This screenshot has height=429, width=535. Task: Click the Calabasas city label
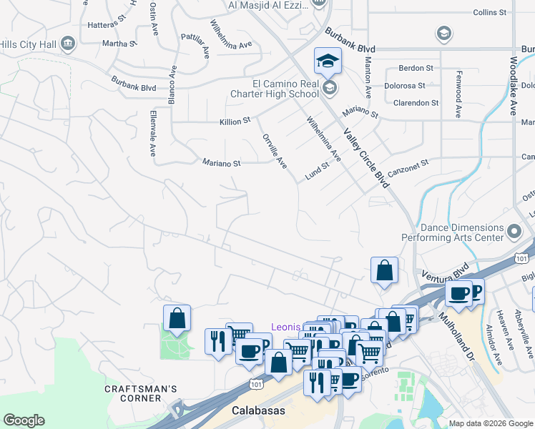point(258,410)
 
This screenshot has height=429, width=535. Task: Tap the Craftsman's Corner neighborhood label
point(140,393)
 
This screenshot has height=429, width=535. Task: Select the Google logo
point(24,420)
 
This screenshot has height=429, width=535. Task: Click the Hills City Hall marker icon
point(68,44)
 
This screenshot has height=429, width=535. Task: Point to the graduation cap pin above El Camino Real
point(328,61)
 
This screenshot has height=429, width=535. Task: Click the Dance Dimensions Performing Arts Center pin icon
point(514,231)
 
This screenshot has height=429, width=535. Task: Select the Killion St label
point(235,122)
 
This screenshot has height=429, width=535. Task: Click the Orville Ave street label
point(275,152)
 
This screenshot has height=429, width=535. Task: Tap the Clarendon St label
point(416,103)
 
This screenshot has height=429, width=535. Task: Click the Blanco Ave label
point(172,87)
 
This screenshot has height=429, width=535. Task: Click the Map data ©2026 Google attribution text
point(490,423)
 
